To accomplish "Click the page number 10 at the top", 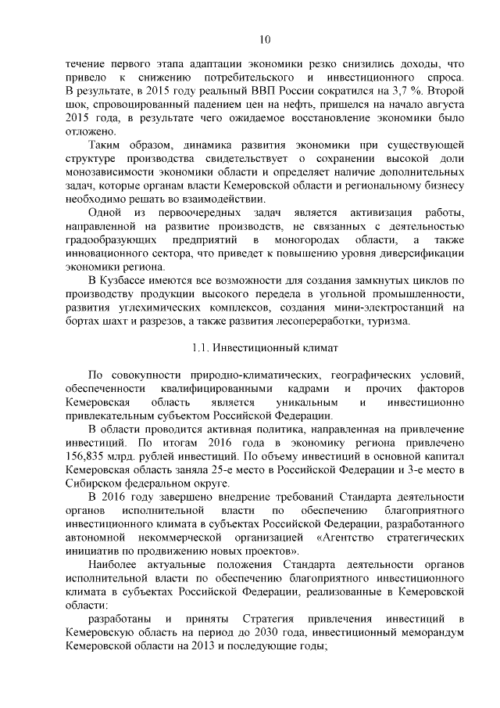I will click(265, 40).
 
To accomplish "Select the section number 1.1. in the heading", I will click(202, 347).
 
